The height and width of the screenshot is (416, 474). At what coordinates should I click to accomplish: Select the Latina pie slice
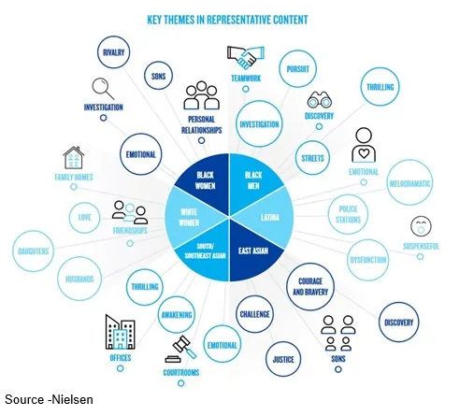click(268, 217)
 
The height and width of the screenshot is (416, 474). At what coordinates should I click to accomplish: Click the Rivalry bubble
click(113, 52)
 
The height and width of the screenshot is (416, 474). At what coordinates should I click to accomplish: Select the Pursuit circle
click(297, 69)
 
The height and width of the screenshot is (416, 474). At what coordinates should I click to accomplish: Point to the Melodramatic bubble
click(409, 183)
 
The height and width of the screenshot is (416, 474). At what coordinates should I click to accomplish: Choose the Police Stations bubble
click(348, 214)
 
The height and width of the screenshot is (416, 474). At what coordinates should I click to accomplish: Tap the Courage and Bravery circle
click(310, 287)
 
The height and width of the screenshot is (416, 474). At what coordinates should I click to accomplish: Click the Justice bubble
click(283, 359)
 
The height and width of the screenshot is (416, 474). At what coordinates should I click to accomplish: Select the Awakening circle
click(177, 315)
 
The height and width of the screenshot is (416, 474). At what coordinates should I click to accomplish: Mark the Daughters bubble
click(34, 251)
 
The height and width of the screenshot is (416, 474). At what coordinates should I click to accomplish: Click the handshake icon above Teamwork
click(246, 58)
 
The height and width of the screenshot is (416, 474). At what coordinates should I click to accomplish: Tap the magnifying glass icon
click(103, 89)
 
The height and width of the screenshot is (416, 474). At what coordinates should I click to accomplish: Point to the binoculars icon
click(319, 100)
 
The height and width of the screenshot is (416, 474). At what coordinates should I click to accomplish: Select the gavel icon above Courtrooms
click(180, 349)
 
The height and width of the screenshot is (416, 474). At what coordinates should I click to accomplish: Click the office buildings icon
click(120, 332)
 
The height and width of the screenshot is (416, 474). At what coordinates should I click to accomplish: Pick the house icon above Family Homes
click(74, 158)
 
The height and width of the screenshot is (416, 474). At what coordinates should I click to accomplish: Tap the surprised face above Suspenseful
click(421, 226)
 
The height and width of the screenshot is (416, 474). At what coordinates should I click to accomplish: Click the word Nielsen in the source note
click(72, 400)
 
